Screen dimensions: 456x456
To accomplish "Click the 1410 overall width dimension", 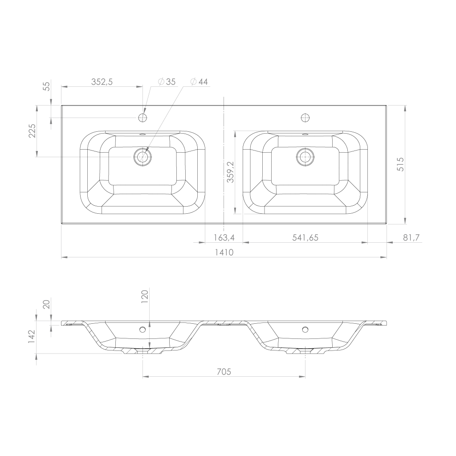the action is point(224,252).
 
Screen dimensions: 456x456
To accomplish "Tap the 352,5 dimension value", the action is point(102,82).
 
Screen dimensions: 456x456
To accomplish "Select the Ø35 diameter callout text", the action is point(167,82).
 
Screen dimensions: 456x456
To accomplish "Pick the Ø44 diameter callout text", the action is point(199,82).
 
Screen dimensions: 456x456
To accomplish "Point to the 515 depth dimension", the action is point(400,164).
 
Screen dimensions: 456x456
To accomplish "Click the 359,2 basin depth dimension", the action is point(231,172).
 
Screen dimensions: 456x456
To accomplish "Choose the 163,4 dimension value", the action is point(224,238).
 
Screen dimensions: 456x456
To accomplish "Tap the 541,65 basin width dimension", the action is point(305,238).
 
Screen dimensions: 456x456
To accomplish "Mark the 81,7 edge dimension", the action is point(411,238).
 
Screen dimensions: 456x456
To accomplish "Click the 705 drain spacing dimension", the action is point(224,372).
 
